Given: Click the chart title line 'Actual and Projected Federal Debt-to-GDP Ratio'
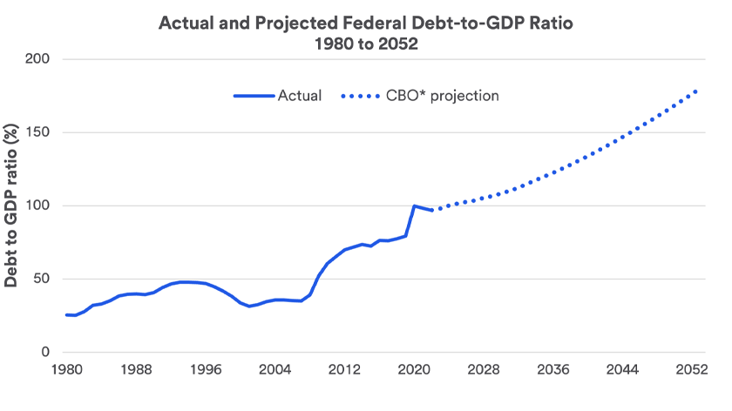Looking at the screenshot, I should [366, 23].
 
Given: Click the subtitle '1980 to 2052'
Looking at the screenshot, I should [366, 45].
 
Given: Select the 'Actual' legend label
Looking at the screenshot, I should [299, 96].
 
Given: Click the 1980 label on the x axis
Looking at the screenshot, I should [66, 369].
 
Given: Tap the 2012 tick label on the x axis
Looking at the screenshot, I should [344, 369].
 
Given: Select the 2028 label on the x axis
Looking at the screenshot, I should [484, 369].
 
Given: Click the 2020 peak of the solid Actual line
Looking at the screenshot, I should [414, 206].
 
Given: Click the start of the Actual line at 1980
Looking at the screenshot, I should [66, 314].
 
